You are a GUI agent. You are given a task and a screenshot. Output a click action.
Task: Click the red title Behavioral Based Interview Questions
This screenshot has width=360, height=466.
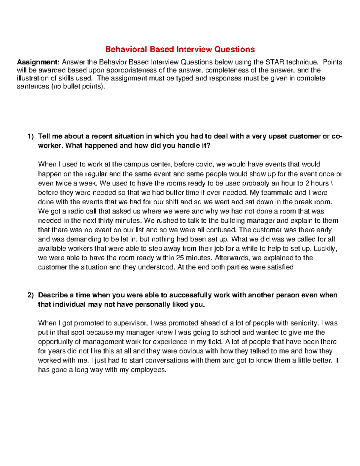point(180,50)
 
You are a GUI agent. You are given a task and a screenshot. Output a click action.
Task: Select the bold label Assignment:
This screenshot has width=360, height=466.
point(38,62)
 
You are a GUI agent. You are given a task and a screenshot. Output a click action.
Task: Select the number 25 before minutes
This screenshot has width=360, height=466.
point(180,258)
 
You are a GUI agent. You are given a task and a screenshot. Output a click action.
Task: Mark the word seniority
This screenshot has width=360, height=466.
point(304,323)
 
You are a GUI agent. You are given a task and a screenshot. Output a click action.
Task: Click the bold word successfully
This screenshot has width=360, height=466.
point(190,295)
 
